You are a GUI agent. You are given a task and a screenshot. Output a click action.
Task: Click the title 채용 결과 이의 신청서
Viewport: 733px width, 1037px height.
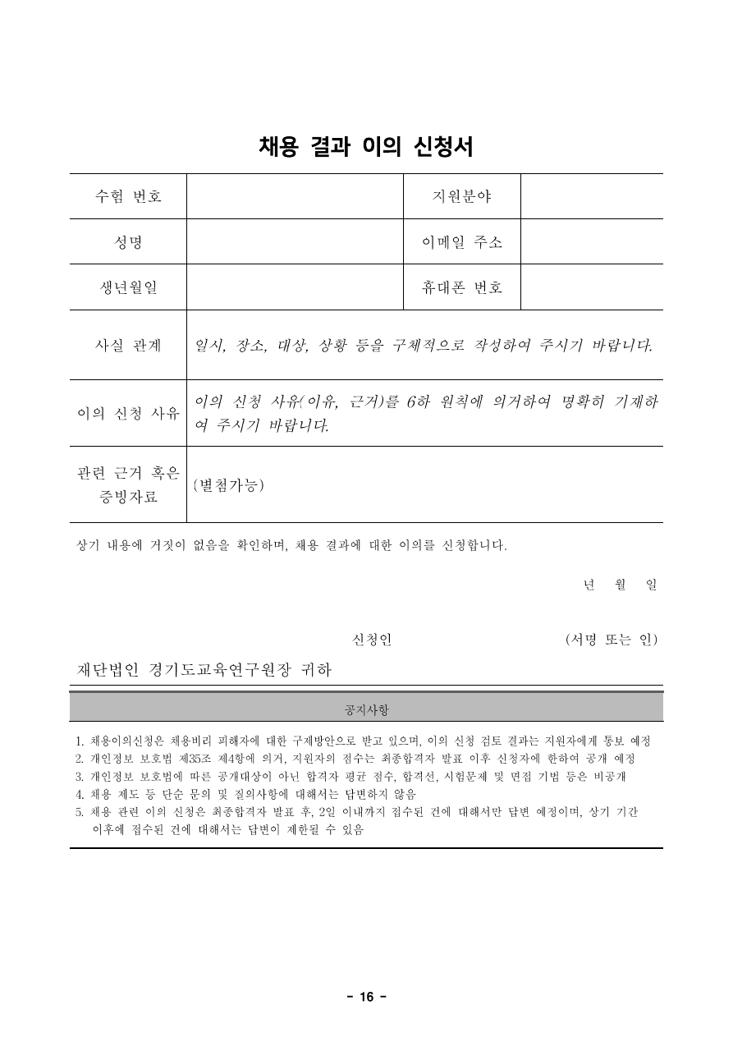[365, 147]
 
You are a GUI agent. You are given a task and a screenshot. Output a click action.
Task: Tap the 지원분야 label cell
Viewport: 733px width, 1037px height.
[461, 196]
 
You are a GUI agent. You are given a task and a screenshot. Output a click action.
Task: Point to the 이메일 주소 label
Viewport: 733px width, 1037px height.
[461, 242]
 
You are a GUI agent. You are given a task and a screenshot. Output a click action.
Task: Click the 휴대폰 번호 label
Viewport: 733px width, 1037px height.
[461, 287]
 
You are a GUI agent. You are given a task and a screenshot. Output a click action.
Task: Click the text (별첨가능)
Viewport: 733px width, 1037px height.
[228, 485]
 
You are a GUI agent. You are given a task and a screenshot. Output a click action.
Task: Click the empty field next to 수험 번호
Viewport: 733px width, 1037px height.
[294, 196]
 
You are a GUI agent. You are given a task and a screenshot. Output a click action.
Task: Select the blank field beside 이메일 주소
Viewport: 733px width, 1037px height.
[591, 242]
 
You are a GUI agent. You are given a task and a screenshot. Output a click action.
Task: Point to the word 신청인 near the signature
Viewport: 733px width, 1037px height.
[371, 640]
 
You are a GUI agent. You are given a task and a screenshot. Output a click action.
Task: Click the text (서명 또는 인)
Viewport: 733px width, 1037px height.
[611, 640]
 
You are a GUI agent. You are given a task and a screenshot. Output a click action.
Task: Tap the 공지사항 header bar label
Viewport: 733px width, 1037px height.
[366, 708]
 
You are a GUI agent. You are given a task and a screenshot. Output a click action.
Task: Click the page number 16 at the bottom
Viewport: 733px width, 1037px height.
[366, 997]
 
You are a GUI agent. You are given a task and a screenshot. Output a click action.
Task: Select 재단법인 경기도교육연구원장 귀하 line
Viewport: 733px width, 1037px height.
[204, 670]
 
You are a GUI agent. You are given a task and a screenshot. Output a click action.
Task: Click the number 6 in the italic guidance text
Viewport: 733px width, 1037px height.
[411, 402]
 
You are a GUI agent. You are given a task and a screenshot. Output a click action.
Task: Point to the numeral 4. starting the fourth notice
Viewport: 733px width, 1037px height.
[80, 794]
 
